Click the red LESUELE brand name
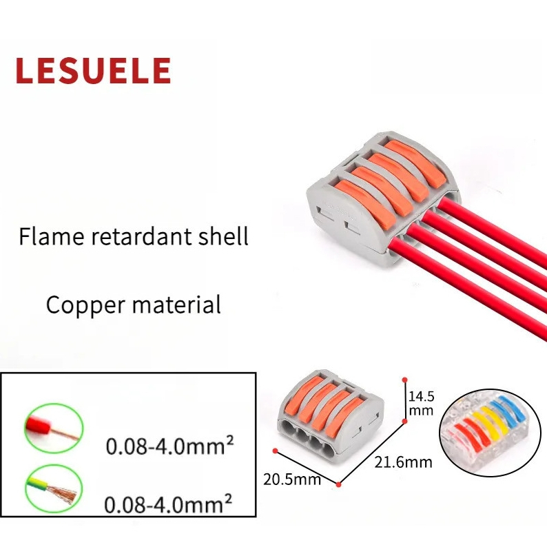pyautogui.click(x=92, y=71)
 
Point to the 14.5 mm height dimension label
pyautogui.click(x=420, y=403)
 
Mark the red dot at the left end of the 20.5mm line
pyautogui.click(x=276, y=452)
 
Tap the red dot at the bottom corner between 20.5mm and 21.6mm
pyautogui.click(x=340, y=484)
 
